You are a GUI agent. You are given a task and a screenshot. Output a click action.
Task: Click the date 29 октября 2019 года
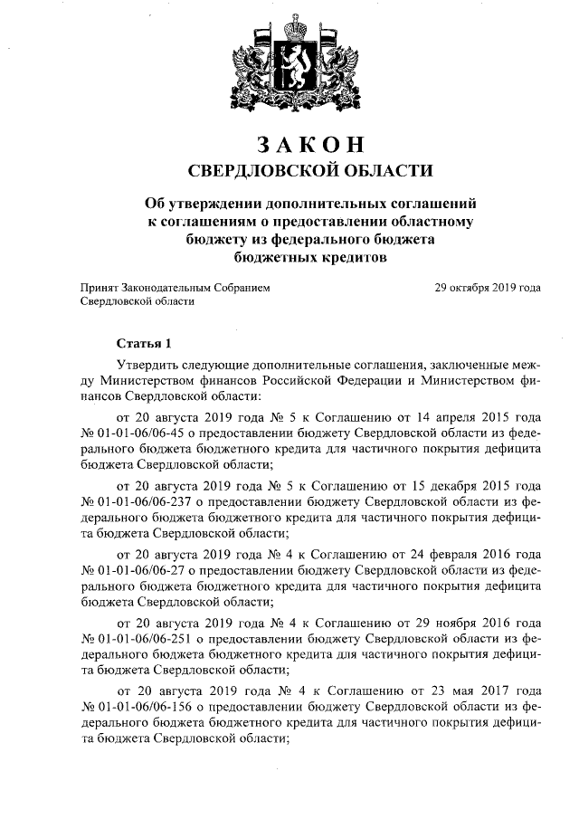[x=489, y=288]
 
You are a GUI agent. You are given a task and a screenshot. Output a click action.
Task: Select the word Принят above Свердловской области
[x=101, y=288]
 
